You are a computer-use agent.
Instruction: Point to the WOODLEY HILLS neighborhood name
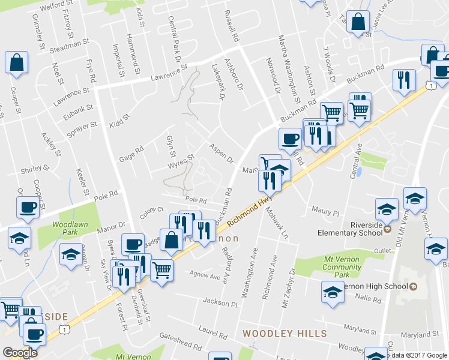pyautogui.click(x=285, y=333)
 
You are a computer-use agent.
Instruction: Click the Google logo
pyautogui.click(x=20, y=353)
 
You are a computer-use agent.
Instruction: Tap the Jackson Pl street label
pyautogui.click(x=220, y=304)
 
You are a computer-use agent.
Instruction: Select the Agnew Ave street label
pyautogui.click(x=205, y=276)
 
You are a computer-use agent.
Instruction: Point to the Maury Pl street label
pyautogui.click(x=325, y=211)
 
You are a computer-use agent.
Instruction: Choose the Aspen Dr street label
pyautogui.click(x=220, y=154)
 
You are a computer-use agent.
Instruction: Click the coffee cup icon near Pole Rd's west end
pyautogui.click(x=27, y=208)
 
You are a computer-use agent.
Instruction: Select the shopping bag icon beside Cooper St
pyautogui.click(x=16, y=62)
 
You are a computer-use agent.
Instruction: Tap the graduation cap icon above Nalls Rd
pyautogui.click(x=332, y=292)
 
